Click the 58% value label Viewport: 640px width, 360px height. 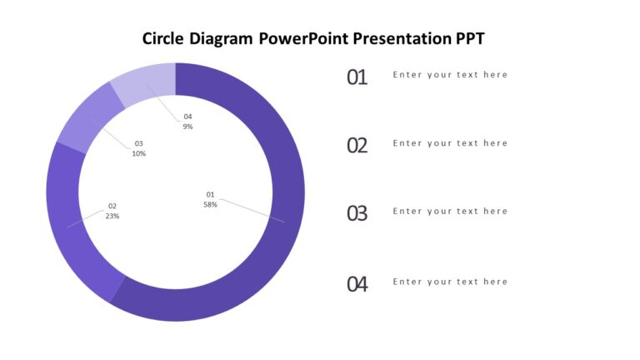[x=210, y=204]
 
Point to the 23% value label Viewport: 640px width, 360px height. [x=112, y=216]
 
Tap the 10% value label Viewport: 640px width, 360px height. [x=139, y=153]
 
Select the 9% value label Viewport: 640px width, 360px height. [x=187, y=127]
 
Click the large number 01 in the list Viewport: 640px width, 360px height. [x=357, y=77]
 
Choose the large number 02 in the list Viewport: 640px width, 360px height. [x=357, y=146]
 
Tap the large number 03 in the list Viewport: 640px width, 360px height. [x=357, y=214]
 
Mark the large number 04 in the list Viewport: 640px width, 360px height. [x=357, y=284]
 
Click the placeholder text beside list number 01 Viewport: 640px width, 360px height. [x=450, y=75]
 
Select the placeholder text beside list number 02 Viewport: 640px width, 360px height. [x=450, y=143]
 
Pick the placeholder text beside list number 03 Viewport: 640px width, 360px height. [x=450, y=212]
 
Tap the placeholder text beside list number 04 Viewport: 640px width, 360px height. [x=450, y=282]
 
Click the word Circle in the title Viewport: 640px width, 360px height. [x=164, y=38]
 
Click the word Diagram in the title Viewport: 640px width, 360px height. [x=222, y=38]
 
